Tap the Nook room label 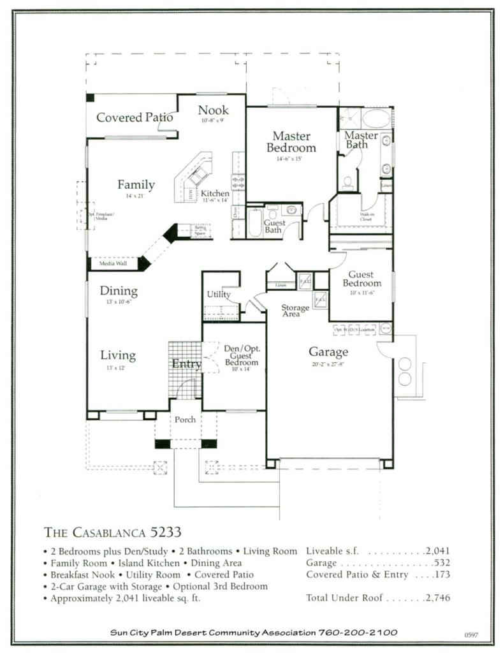click(213, 110)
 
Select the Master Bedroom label click(291, 142)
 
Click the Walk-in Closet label click(366, 217)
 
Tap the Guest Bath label click(275, 226)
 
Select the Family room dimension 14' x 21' click(136, 196)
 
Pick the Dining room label click(119, 291)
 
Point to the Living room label click(118, 356)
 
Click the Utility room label click(219, 295)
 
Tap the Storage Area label click(295, 311)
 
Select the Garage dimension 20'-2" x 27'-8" click(328, 363)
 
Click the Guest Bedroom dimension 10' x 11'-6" click(361, 292)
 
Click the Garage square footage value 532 click(441, 563)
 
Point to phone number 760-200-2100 click(358, 633)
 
